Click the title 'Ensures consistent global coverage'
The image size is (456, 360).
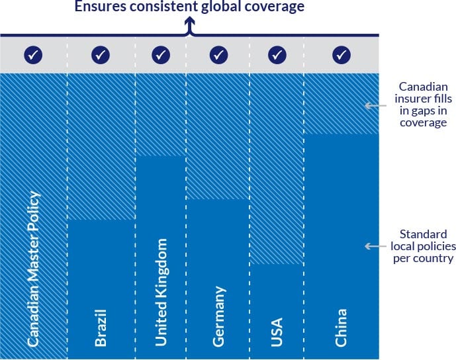[x=189, y=8]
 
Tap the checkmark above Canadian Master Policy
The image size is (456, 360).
[x=33, y=54]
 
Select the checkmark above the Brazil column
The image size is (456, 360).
[x=101, y=54]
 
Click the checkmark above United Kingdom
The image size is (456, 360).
[x=161, y=54]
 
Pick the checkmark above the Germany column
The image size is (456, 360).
[x=219, y=54]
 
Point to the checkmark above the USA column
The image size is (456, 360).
[x=277, y=54]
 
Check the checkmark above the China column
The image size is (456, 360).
[x=342, y=54]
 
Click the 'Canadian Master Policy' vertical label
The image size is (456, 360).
[x=33, y=269]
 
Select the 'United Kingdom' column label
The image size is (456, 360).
[x=161, y=292]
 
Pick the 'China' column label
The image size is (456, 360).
[x=342, y=327]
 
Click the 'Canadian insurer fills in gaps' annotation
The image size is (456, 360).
[x=423, y=105]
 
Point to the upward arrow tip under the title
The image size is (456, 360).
[x=189, y=22]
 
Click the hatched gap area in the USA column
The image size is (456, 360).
[x=277, y=169]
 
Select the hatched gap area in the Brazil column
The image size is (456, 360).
[x=101, y=146]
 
